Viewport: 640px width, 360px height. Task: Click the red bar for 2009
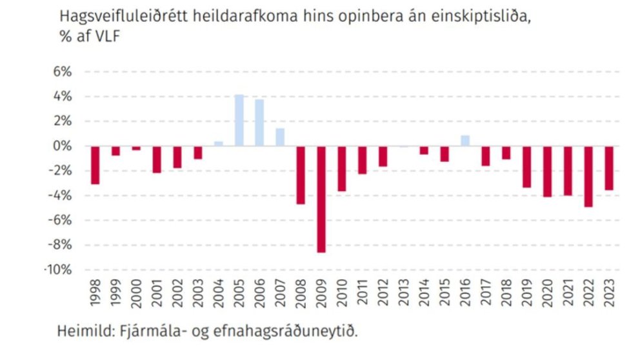tap(321, 199)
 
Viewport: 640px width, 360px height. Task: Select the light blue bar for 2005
tap(239, 121)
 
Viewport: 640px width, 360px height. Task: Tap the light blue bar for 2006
tap(259, 123)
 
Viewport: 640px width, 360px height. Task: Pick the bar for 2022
tap(588, 176)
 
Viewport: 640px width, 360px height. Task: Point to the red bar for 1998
tap(95, 165)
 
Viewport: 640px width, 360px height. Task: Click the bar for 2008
tap(300, 175)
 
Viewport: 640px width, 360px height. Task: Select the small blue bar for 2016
tap(465, 141)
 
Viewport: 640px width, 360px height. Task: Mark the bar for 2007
tap(280, 137)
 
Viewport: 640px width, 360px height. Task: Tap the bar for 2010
tap(342, 168)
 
